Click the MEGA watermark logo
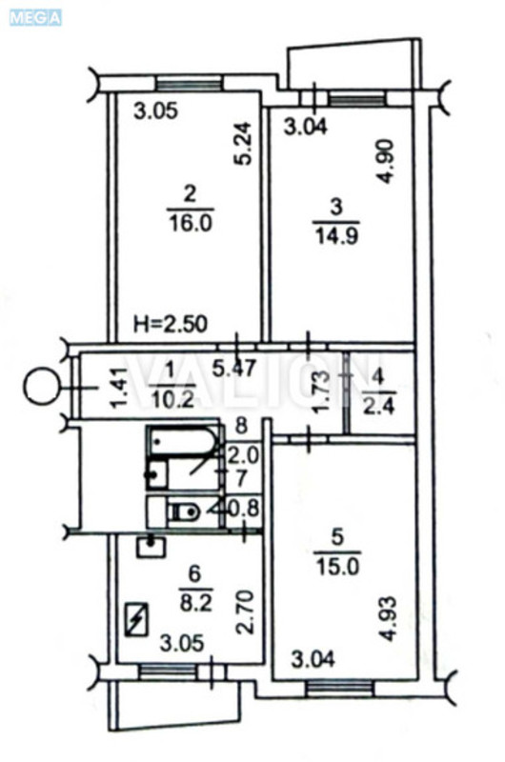coord(35,16)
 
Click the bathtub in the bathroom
coord(184,444)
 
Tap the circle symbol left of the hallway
coord(40,388)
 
